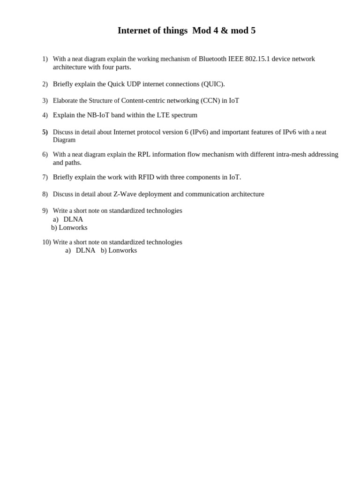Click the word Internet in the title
[133, 31]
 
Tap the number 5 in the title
[253, 31]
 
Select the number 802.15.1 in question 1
[257, 59]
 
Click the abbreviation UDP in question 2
[134, 84]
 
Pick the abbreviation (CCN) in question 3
[210, 101]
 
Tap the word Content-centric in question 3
[144, 101]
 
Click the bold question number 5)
[45, 133]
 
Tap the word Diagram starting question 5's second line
[64, 140]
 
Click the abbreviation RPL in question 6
[144, 155]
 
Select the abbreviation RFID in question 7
[146, 178]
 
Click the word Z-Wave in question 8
[125, 195]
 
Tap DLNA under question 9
[73, 219]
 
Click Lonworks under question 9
[73, 228]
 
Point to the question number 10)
[46, 242]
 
